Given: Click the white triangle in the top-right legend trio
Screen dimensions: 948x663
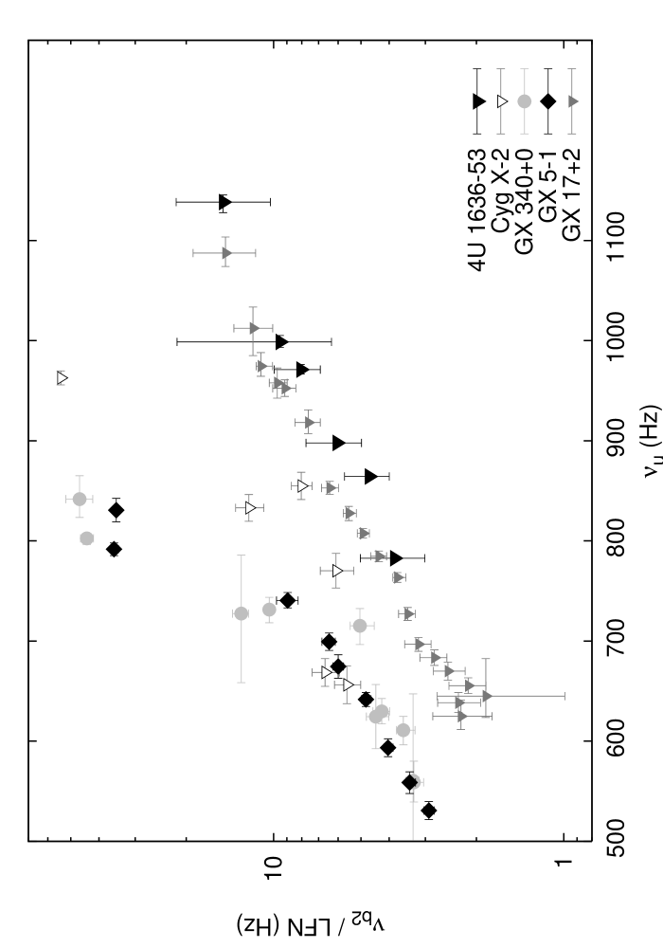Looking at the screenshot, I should coord(502,101).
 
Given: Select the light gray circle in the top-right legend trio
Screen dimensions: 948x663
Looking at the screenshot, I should coord(524,101).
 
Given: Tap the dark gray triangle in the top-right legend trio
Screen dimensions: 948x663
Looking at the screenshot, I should coord(573,101).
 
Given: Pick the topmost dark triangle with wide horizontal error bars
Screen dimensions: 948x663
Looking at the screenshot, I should coord(226,253).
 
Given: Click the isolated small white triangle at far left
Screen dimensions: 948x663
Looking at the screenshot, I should coord(62,378).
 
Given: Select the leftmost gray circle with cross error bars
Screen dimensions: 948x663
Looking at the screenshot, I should coord(80,499).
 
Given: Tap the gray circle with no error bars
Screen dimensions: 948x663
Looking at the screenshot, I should coord(87,538).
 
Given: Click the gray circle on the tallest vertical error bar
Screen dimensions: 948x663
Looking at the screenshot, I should coord(242,613).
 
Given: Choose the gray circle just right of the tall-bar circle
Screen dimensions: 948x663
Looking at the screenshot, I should coord(269,610).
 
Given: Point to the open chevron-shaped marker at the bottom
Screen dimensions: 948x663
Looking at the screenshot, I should coord(415,782).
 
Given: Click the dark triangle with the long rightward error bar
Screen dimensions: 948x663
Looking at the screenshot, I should coord(487,696).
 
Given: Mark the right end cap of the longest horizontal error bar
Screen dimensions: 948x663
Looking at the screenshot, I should coord(564,696).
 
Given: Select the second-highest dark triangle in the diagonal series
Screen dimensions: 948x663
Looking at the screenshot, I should coord(254,328).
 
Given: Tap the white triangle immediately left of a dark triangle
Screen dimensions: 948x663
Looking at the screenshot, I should coord(302,486).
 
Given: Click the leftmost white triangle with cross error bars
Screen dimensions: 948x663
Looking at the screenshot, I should coord(250,508).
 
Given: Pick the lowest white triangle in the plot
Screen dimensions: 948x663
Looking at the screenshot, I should coord(348,684).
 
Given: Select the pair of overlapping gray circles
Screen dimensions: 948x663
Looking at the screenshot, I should coord(379,714).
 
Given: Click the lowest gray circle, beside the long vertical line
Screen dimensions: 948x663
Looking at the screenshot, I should coord(403,730).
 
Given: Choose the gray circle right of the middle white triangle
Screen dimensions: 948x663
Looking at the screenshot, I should coord(360,626).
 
